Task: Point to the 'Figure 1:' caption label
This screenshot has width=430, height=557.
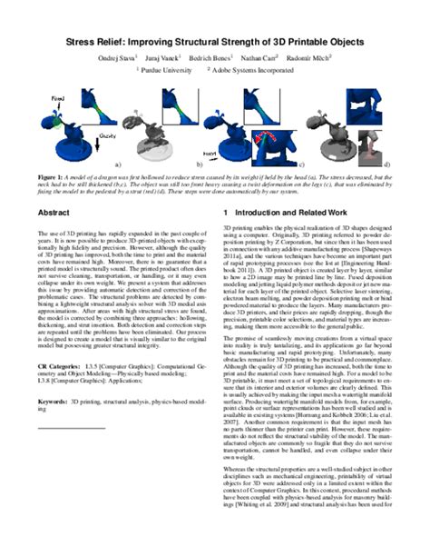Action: [x=52, y=175]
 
